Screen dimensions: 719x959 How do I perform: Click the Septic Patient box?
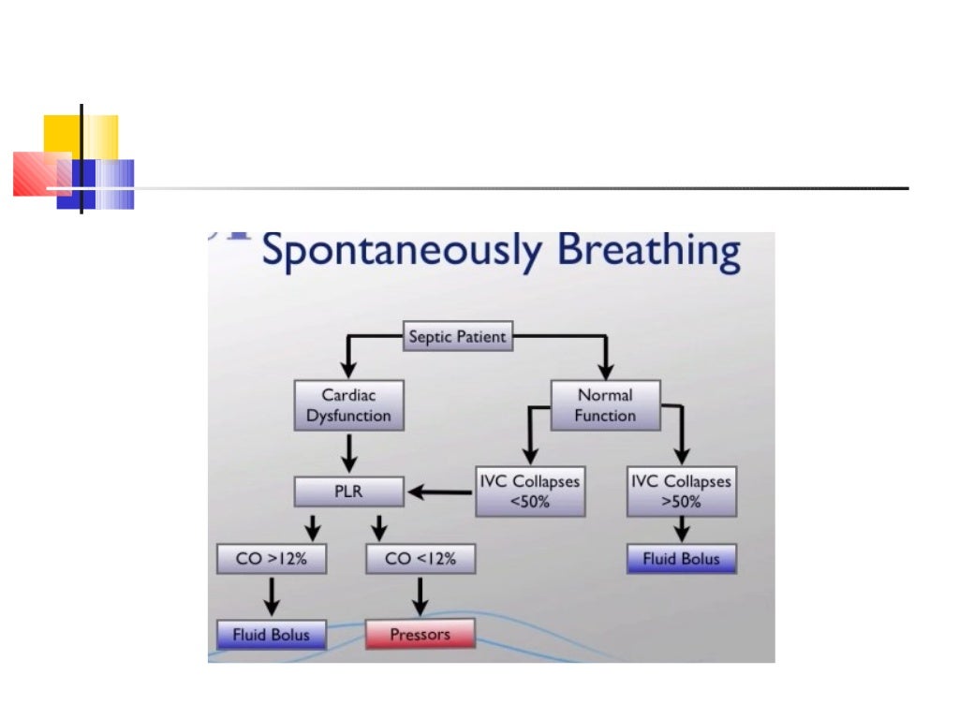[x=458, y=336]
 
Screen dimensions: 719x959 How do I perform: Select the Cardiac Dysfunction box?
[x=348, y=404]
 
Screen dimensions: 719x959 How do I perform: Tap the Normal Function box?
[x=605, y=404]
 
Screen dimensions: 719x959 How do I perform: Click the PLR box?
[x=348, y=491]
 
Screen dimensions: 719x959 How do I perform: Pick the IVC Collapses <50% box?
[x=530, y=492]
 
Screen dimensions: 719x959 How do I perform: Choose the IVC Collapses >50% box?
[x=681, y=492]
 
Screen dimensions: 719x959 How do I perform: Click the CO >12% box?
[x=271, y=559]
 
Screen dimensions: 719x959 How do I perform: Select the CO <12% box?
[x=420, y=559]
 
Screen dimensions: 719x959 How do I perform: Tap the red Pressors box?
[x=420, y=634]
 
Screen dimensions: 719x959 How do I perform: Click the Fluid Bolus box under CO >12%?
[x=271, y=635]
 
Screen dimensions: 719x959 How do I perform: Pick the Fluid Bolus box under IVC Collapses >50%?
[x=681, y=559]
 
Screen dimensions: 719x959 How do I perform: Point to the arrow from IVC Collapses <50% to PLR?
[x=440, y=491]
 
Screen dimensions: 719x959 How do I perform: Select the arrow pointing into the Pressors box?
[x=420, y=596]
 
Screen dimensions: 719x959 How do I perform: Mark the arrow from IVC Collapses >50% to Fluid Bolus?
[x=681, y=530]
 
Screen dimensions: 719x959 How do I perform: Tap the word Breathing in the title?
[x=648, y=252]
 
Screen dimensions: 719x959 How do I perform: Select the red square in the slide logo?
[x=37, y=173]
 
